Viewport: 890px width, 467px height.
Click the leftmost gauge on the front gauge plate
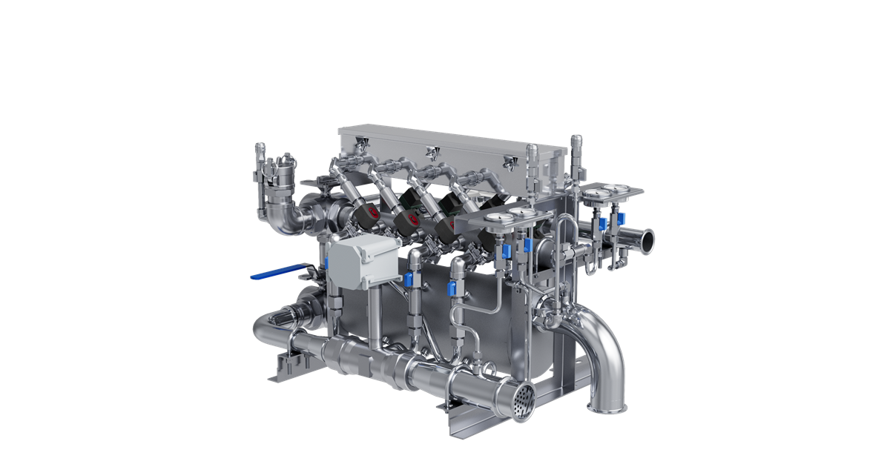[x=498, y=217]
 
